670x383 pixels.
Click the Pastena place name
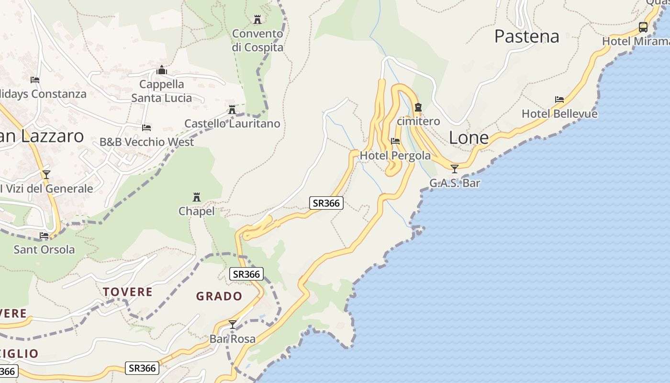[x=526, y=36]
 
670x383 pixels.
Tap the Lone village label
[x=469, y=138]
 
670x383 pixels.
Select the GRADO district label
[x=219, y=296]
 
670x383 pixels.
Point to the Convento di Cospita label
[x=257, y=41]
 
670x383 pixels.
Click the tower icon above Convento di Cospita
[x=257, y=20]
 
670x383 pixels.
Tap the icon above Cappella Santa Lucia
[x=162, y=70]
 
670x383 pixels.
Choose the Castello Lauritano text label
[x=232, y=124]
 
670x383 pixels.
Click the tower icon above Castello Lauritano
[x=232, y=110]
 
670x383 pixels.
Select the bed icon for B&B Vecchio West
[x=146, y=128]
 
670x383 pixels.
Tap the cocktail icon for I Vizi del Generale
[x=46, y=175]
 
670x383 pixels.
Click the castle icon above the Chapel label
[x=196, y=197]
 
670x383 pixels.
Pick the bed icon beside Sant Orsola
[x=44, y=235]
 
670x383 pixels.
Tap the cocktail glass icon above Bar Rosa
[x=233, y=325]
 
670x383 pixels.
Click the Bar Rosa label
[x=233, y=339]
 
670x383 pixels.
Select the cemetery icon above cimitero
[x=418, y=107]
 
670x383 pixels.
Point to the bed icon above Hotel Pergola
[x=395, y=141]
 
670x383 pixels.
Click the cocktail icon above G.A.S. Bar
[x=455, y=169]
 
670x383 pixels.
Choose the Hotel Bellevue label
[x=559, y=114]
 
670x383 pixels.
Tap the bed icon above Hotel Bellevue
[x=559, y=100]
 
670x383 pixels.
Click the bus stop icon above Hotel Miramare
[x=643, y=27]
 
